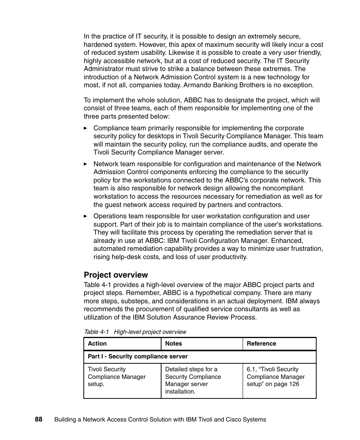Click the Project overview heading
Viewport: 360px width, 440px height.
116,275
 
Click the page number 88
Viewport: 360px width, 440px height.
38,419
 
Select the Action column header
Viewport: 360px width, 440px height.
97,344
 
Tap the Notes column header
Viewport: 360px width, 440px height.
174,344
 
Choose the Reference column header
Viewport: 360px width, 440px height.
261,344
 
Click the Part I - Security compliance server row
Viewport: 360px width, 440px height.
138,357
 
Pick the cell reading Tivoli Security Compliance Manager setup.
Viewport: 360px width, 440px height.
117,377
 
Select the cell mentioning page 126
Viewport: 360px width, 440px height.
275,377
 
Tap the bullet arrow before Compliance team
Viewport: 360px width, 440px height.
86,128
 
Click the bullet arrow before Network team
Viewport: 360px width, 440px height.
86,164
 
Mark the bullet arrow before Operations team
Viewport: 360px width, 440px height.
86,216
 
